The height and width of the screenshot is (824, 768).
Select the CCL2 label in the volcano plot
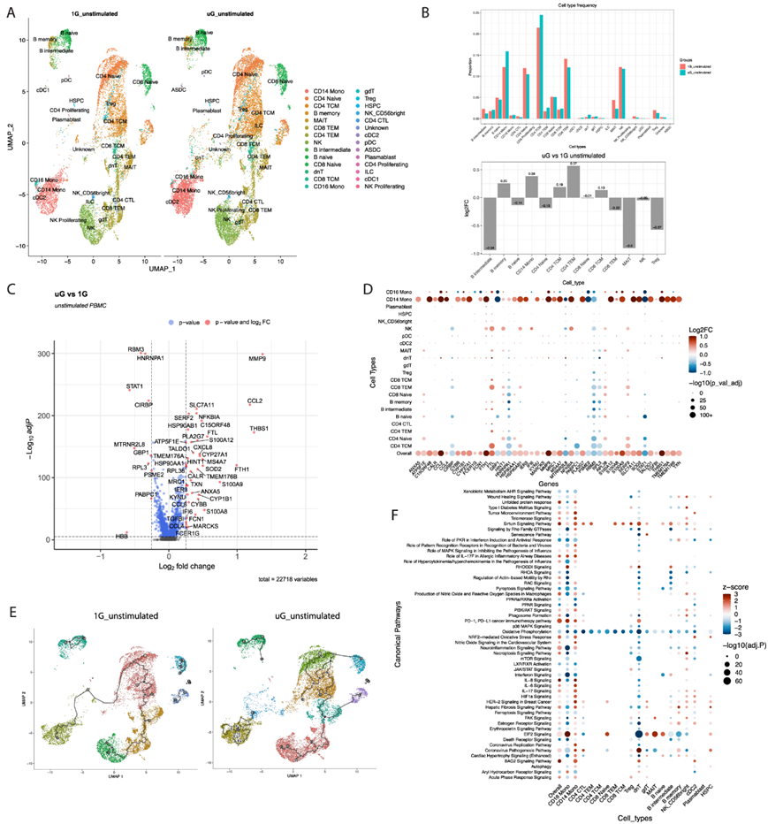[255, 401]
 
